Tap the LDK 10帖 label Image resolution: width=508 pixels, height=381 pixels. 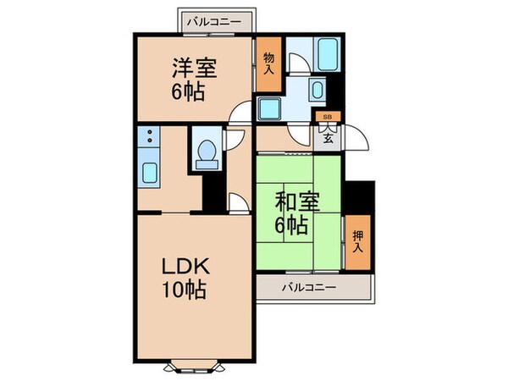click(x=185, y=275)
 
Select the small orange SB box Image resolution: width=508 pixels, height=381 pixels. click(x=325, y=118)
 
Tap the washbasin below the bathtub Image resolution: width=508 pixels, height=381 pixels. click(x=317, y=90)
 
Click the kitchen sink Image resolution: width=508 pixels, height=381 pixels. click(x=149, y=173)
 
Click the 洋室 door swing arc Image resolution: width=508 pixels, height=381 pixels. click(x=243, y=113)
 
